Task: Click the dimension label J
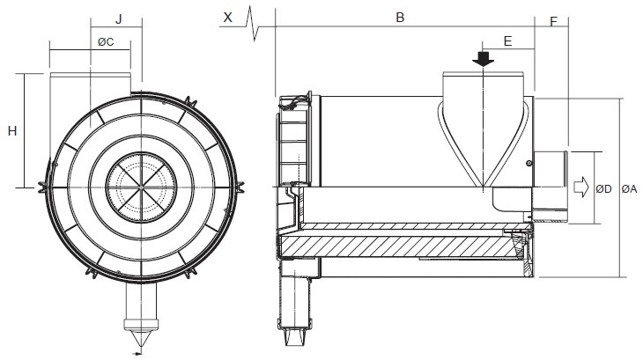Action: (119, 18)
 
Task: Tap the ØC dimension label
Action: (104, 41)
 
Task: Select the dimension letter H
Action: (12, 131)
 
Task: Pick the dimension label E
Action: (508, 41)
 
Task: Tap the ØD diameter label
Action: (604, 187)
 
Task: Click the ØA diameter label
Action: (630, 187)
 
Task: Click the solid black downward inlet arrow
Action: (484, 59)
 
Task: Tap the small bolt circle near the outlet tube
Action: (528, 163)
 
